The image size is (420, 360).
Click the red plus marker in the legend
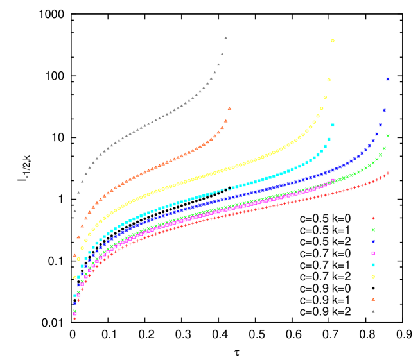373,218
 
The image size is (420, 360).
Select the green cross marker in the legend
373,230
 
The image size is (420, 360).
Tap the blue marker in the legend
373,241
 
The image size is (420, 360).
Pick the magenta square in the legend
373,253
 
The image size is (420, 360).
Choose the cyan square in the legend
373,265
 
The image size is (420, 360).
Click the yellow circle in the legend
373,277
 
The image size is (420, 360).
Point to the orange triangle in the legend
373,299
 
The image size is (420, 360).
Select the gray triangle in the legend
373,311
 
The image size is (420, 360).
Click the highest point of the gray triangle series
225,37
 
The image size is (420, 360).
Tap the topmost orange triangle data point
229,108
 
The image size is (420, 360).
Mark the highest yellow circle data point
333,40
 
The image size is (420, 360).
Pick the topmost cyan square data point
333,125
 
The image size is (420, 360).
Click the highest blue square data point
388,79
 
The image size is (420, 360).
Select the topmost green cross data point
388,135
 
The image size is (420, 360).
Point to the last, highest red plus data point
388,173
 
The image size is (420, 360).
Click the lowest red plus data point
75,318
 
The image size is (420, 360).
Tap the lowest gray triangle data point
75,210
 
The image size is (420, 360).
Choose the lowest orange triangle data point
75,255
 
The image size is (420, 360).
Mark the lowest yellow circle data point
75,277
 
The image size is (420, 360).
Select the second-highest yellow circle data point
329,80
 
